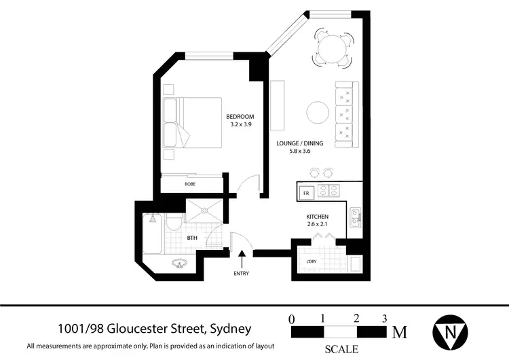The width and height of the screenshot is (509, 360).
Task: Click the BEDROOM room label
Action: (240, 116)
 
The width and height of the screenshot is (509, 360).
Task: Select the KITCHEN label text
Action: (318, 217)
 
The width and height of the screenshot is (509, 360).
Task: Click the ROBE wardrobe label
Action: (190, 184)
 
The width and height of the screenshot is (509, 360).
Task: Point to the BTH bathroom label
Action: (192, 238)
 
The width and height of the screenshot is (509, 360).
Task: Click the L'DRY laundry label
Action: (311, 260)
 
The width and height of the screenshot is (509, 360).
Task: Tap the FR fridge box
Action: (306, 192)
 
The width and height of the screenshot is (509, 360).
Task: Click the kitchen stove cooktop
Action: (329, 192)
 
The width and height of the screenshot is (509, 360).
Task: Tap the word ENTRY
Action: (241, 274)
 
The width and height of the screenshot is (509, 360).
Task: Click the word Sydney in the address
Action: (229, 329)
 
